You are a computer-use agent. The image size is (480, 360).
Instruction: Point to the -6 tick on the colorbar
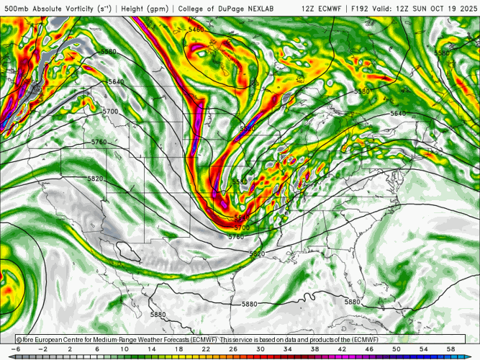click(15, 349)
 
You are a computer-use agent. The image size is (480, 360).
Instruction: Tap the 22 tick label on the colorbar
click(206, 349)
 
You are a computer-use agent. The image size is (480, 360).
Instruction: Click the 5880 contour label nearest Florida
click(352, 302)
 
